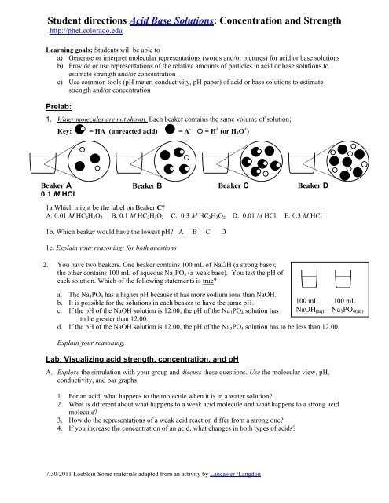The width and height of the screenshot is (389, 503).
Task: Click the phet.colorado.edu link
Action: tap(86, 31)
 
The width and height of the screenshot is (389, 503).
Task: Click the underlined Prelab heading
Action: tap(59, 107)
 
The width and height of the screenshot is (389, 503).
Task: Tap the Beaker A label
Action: tap(56, 185)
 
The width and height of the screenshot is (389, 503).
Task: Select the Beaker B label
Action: tap(147, 185)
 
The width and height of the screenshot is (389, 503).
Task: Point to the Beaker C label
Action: tap(233, 185)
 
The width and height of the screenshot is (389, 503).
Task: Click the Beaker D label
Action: tap(313, 185)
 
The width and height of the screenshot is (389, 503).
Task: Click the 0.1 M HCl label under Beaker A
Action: tap(57, 194)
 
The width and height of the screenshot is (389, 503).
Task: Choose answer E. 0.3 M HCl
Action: tap(303, 215)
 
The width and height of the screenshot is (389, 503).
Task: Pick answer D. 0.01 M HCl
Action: tap(254, 215)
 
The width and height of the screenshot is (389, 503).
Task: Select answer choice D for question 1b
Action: tap(223, 232)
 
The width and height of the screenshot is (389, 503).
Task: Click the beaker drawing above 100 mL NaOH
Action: tap(309, 279)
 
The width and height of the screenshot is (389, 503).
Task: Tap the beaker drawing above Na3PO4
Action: tap(343, 279)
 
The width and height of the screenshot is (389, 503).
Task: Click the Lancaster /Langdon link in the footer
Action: tap(235, 474)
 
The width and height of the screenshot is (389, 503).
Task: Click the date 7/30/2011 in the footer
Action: tap(59, 474)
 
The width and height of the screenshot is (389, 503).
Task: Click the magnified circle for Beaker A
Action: tap(89, 161)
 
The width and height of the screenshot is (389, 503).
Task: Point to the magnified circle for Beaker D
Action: tap(348, 161)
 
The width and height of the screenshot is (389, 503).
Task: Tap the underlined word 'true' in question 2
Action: tap(207, 281)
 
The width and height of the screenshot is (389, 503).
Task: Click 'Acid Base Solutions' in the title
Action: tap(171, 20)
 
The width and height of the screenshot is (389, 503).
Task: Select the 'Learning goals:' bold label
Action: tap(69, 50)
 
